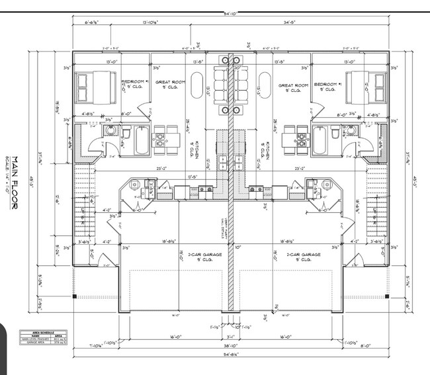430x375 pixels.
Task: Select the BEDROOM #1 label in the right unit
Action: coord(327,85)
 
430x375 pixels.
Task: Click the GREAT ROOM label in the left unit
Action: coord(168,83)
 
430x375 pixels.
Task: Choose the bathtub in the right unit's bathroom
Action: coord(320,140)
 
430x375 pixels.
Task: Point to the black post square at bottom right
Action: coord(387,296)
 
